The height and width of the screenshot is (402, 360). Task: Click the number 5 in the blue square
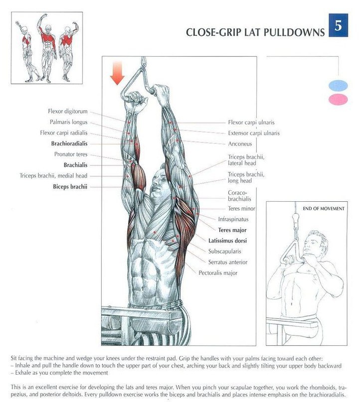338,26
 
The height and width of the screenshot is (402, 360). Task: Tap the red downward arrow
118,73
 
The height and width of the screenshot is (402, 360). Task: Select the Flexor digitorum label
67,112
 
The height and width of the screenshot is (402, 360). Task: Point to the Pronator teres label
71,154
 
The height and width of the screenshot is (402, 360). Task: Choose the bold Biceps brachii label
70,187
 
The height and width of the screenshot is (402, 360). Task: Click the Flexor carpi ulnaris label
251,123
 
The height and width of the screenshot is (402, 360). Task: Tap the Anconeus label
240,144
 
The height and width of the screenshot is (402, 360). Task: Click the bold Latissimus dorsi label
228,241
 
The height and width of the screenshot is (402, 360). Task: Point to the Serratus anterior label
228,262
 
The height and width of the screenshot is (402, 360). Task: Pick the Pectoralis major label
218,273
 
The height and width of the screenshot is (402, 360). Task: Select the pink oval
339,100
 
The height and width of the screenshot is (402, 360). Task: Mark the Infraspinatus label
233,219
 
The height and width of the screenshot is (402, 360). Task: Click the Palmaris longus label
68,122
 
